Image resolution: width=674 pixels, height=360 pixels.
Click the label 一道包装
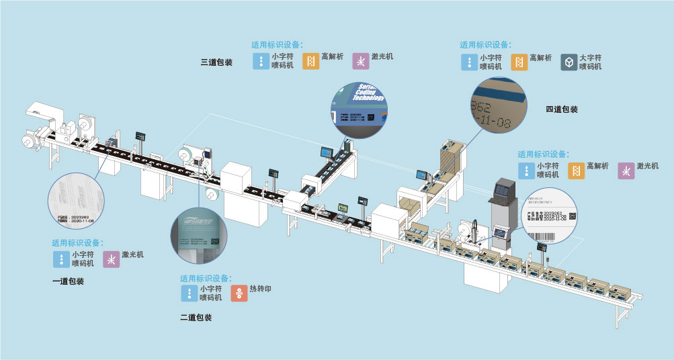coord(68,281)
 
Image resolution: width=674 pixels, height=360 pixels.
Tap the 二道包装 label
coord(196,318)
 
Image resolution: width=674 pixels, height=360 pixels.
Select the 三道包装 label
coord(216,62)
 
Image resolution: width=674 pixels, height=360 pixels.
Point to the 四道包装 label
coord(562,109)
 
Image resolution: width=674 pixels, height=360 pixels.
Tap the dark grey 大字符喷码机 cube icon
coord(569,62)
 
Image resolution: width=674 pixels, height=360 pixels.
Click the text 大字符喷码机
coord(591,62)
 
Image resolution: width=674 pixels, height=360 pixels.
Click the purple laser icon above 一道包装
coord(111,260)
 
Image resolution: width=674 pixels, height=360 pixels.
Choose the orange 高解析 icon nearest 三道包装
coord(310,61)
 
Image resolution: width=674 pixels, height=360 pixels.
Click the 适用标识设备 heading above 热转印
coord(207,278)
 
